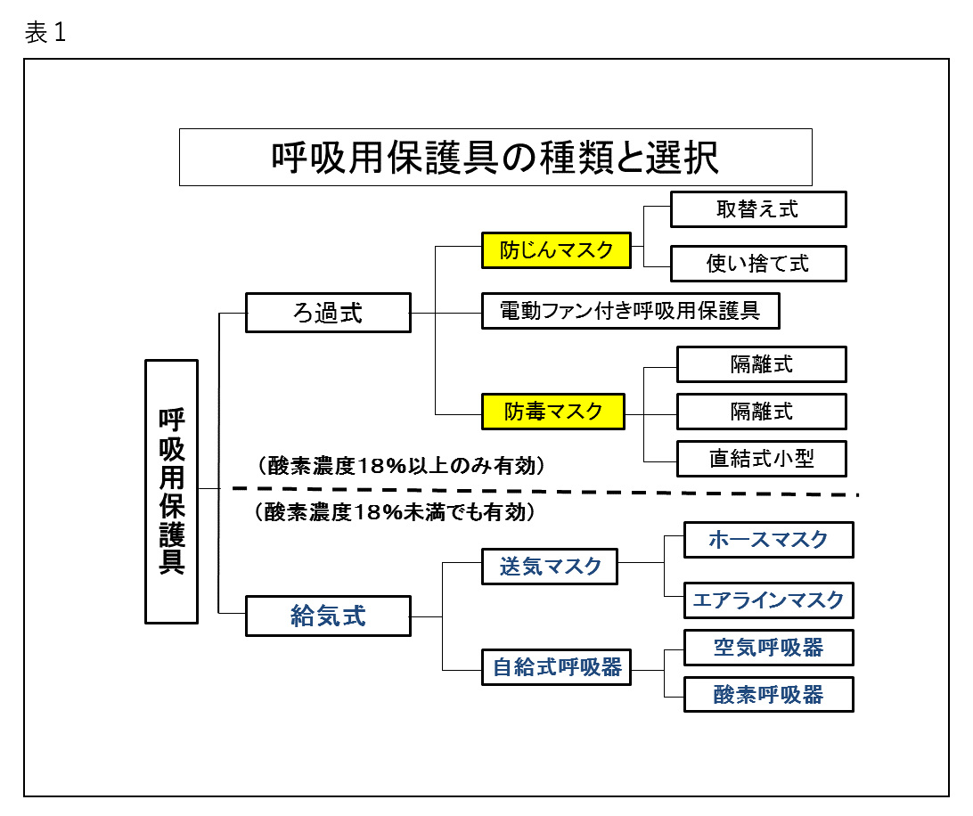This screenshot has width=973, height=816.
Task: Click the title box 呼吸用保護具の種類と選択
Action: (x=495, y=157)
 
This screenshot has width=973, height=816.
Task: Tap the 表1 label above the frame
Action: (x=45, y=32)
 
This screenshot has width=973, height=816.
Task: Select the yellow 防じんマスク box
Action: (x=556, y=250)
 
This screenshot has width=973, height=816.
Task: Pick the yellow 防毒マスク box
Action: (x=553, y=412)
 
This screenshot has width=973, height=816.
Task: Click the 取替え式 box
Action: (x=757, y=209)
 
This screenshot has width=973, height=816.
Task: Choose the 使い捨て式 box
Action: (x=757, y=264)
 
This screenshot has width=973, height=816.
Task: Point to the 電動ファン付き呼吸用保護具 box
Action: (x=631, y=311)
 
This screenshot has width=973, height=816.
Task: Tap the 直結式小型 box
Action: (x=762, y=459)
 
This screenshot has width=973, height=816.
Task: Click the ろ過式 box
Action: (x=328, y=313)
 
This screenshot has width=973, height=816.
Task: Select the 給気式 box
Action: (x=328, y=616)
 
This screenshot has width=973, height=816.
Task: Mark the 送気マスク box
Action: (x=549, y=567)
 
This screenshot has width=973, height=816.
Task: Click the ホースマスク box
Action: (x=768, y=540)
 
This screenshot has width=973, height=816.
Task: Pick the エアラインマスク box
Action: (x=768, y=600)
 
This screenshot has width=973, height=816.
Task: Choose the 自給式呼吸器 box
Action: (x=556, y=667)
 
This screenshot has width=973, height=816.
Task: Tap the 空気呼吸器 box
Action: (x=768, y=648)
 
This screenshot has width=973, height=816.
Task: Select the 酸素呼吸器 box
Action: (x=768, y=694)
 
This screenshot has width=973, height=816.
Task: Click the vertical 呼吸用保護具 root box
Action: (x=171, y=492)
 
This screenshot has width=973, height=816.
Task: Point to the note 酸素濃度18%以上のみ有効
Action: (x=401, y=465)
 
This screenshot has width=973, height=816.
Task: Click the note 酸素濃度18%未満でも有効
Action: (x=396, y=512)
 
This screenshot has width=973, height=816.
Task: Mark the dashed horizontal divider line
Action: (x=544, y=492)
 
